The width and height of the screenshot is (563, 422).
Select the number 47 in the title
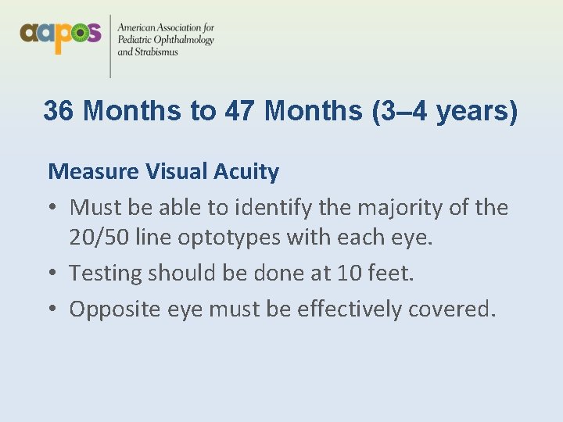point(240,111)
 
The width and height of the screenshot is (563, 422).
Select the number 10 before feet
point(350,274)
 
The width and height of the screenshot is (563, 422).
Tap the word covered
point(455,309)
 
